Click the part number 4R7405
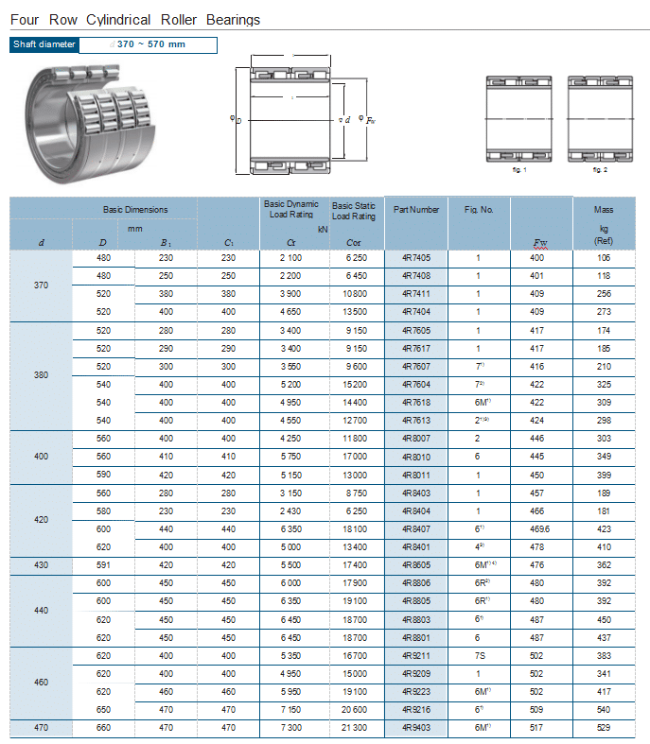(416, 258)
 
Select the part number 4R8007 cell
(416, 439)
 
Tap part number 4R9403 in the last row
(416, 728)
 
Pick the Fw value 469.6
(539, 529)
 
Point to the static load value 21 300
(356, 728)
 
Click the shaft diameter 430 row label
(41, 565)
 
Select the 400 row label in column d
(41, 457)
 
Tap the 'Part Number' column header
(416, 209)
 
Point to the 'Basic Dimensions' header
(135, 209)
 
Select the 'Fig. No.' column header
(479, 209)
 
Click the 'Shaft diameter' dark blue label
(44, 44)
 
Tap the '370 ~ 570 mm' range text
(150, 44)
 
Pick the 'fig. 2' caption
(600, 169)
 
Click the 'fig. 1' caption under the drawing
(518, 169)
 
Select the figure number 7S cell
(479, 655)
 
